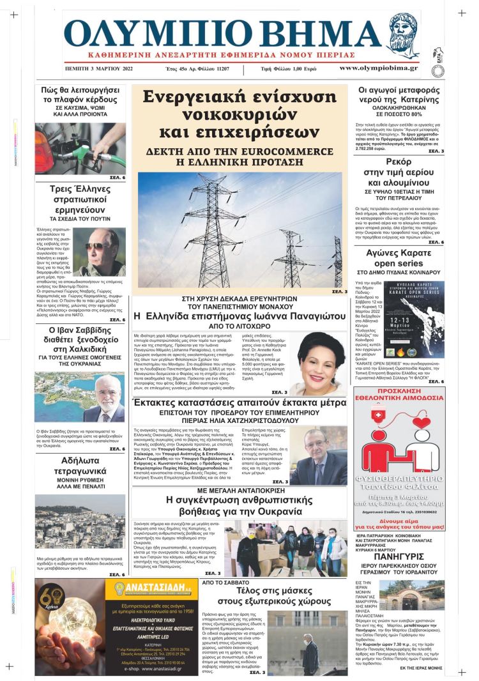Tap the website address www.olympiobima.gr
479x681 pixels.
pyautogui.click(x=379, y=68)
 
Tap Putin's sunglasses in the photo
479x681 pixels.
pyautogui.click(x=96, y=246)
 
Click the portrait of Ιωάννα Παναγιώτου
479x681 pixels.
pyautogui.click(x=319, y=364)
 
